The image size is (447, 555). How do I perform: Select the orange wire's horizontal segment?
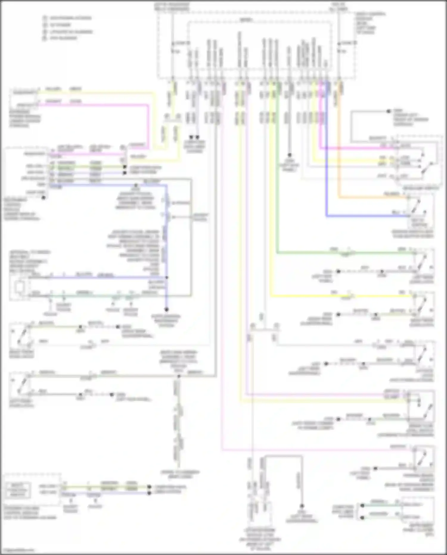(x=372, y=197)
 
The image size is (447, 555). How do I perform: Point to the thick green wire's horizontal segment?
(x=343, y=253)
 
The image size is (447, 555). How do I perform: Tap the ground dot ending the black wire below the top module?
(x=289, y=155)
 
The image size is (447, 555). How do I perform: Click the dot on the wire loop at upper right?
(x=388, y=111)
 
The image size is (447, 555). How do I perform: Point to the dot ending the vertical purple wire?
(x=167, y=310)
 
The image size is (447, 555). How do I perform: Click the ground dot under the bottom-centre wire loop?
(x=302, y=506)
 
